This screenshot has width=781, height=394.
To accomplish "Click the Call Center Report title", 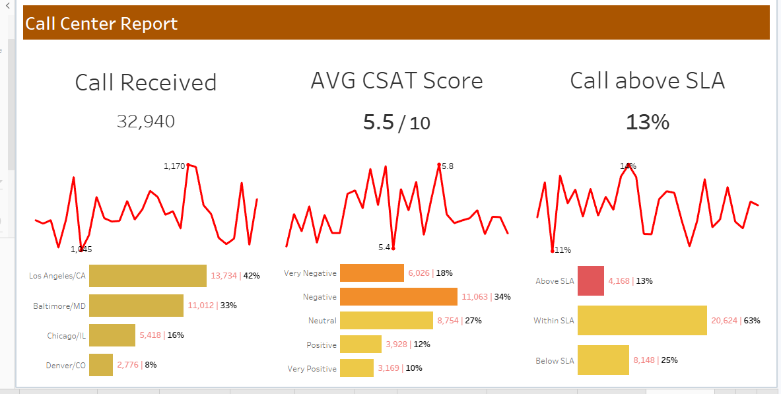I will (x=102, y=24).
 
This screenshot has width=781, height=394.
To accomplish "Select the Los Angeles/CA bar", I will (x=148, y=276).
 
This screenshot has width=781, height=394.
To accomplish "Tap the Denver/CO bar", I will (x=101, y=365).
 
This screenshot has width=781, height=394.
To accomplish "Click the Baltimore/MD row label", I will (x=59, y=306).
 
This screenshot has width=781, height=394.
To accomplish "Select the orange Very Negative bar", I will (x=372, y=273).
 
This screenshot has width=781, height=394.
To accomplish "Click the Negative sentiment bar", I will (x=398, y=297).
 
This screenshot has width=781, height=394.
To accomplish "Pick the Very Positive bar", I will (x=357, y=368).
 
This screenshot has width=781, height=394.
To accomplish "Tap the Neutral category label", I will (x=322, y=321).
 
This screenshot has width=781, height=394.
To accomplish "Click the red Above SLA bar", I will (x=591, y=281).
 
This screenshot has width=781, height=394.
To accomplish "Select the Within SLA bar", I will (x=642, y=321).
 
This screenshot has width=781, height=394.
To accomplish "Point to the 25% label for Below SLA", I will (x=669, y=360).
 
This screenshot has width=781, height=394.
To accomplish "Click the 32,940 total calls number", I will (x=146, y=121).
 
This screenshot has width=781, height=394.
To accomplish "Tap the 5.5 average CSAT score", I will (x=378, y=122).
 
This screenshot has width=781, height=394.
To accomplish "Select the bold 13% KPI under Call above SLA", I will (x=648, y=122).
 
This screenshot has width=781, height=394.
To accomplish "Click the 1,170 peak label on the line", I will (x=174, y=166).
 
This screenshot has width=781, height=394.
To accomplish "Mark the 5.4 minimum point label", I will (x=384, y=247).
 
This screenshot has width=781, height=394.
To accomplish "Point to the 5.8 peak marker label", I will (x=448, y=166).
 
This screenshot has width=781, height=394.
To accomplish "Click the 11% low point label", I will (x=563, y=250).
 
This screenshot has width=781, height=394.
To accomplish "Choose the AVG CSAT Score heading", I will (x=397, y=81).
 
